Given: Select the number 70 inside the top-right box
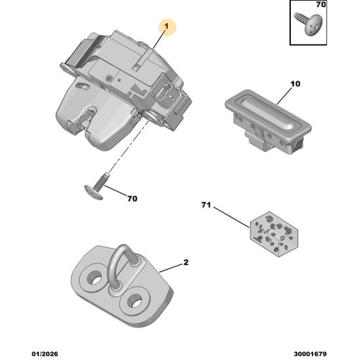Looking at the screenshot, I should [321, 6].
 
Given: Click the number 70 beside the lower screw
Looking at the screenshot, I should [132, 198].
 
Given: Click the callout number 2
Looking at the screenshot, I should [186, 263].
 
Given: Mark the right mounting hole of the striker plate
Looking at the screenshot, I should [135, 300].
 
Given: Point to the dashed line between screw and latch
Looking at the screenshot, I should [122, 148].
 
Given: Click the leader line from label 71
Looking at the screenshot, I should [229, 216].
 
